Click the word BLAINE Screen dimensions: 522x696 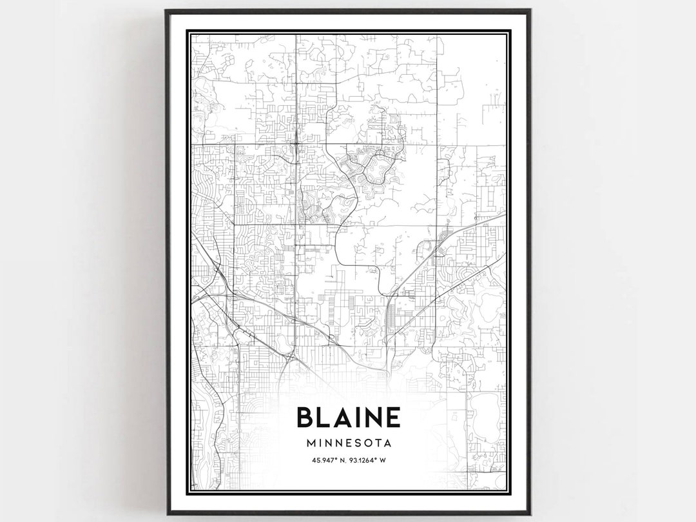click(348, 417)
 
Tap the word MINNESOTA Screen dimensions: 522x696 click(348, 444)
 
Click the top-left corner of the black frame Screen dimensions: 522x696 click(166, 10)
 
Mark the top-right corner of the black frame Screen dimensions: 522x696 click(530, 10)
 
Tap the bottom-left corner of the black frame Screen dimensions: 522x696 click(167, 514)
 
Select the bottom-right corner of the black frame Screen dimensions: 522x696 click(530, 514)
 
